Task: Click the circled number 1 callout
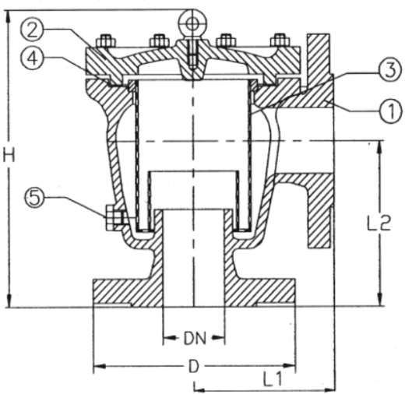(389, 111)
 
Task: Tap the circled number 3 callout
(389, 70)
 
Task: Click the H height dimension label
(9, 155)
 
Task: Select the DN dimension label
(193, 338)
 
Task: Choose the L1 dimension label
(273, 381)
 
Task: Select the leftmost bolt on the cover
(105, 40)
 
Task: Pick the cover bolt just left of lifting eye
(160, 40)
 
